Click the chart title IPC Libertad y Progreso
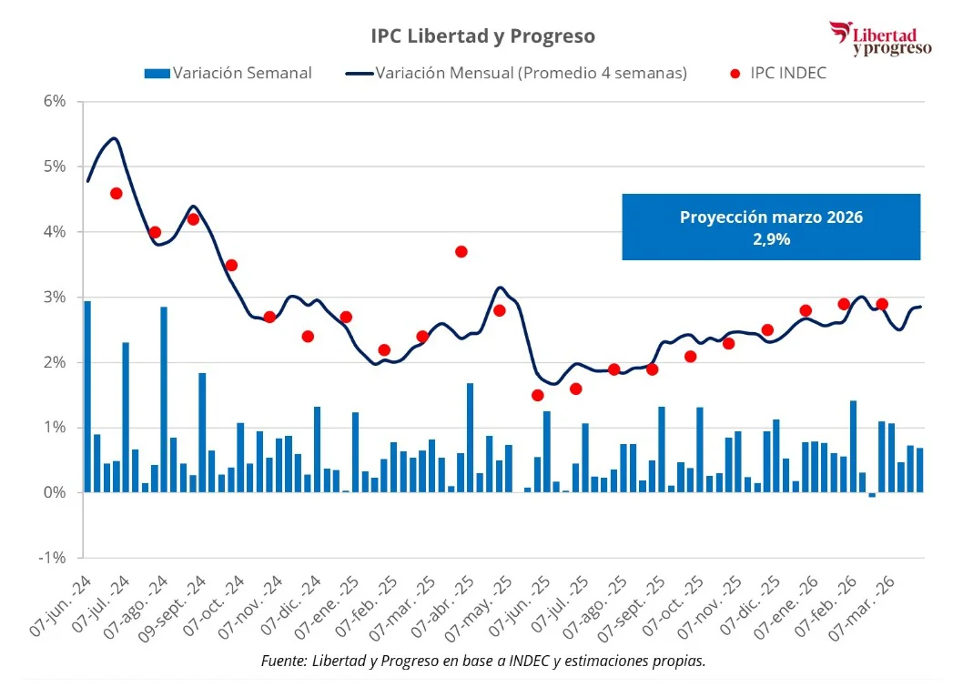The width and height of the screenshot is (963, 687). (x=482, y=35)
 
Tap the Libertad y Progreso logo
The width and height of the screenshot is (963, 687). (x=880, y=38)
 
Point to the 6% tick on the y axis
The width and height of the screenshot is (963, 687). (x=54, y=101)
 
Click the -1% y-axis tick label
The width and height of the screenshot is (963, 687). (x=52, y=558)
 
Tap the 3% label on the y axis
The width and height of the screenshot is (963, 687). (x=54, y=297)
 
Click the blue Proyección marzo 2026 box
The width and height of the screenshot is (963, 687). (x=770, y=227)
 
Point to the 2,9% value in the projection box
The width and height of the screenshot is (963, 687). (x=771, y=239)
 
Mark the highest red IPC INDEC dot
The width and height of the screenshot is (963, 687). (x=117, y=193)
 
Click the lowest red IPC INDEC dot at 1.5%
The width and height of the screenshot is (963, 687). (x=538, y=395)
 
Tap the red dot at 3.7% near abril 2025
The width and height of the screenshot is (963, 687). (x=461, y=251)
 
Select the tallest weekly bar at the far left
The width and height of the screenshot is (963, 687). (x=87, y=397)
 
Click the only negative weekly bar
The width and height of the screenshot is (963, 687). (x=872, y=495)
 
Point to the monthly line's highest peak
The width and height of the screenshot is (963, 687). (x=114, y=138)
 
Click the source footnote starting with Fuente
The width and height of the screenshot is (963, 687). (x=482, y=661)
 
